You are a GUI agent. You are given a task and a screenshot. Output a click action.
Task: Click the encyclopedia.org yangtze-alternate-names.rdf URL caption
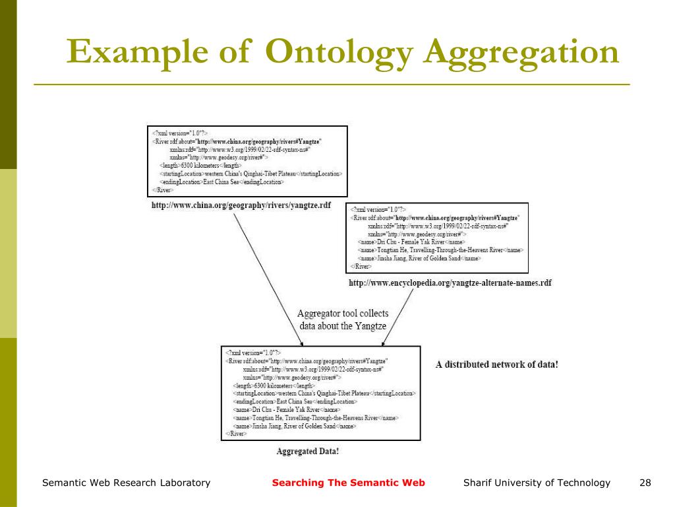(450, 283)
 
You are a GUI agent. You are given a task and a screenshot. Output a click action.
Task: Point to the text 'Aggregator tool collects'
(343, 314)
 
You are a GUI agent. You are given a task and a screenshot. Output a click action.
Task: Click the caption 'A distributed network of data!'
(498, 364)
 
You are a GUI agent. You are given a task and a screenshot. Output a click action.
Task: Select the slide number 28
(645, 483)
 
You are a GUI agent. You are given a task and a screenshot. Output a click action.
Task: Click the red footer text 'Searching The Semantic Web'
(349, 483)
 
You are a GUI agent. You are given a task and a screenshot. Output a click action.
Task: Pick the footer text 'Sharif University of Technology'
(537, 483)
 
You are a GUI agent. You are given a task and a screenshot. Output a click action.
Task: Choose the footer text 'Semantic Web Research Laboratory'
(126, 483)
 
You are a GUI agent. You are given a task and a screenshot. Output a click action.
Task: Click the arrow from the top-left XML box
(264, 277)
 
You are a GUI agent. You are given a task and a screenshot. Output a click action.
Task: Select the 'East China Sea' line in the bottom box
(295, 401)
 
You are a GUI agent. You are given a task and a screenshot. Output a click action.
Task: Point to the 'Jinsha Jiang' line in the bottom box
(295, 426)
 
